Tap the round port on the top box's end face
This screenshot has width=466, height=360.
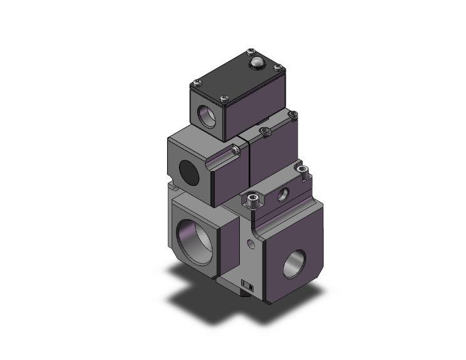pos(206,116)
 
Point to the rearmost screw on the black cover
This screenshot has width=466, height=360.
pos(252,51)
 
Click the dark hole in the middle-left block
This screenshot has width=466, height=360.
pos(189,170)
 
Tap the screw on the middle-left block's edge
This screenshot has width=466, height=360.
pos(235,151)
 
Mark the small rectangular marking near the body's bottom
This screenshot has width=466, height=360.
pos(247,285)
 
